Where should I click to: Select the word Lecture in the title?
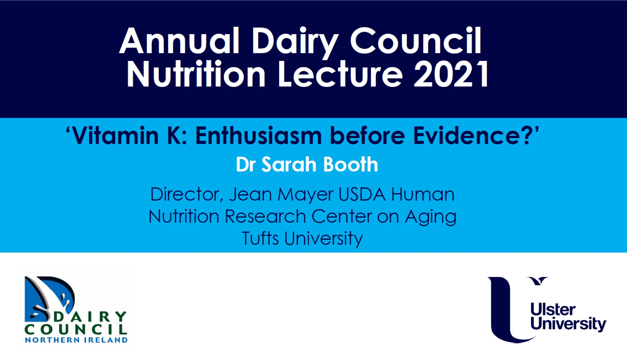(340, 74)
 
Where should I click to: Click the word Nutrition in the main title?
(196, 74)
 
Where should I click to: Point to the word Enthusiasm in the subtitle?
(259, 136)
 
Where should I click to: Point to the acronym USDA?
(362, 194)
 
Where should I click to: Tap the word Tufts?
(260, 238)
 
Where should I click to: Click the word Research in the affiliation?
(265, 216)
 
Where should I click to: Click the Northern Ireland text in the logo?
(76, 340)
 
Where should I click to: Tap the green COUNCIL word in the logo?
(76, 329)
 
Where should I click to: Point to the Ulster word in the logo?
(553, 310)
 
